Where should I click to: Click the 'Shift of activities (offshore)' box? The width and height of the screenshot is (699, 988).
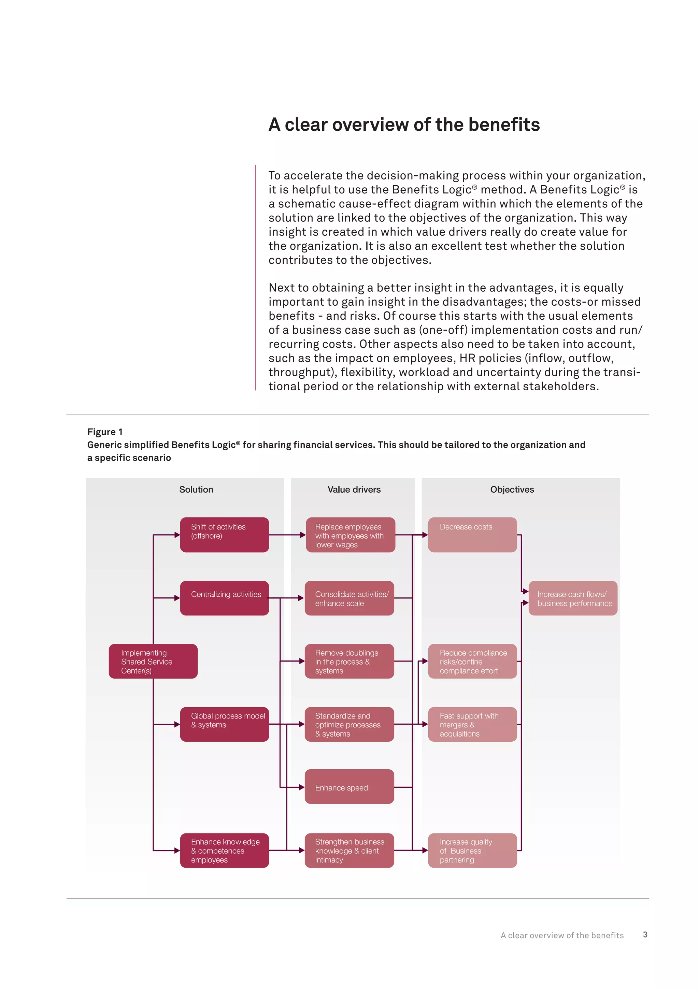(x=224, y=535)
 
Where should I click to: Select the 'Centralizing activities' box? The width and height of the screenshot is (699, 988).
(x=224, y=598)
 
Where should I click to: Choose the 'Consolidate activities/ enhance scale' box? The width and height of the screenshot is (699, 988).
(x=349, y=598)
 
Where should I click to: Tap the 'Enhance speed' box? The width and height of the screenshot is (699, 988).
(x=349, y=787)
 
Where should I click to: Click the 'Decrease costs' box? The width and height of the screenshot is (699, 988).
(x=472, y=535)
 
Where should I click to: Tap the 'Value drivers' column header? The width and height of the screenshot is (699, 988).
(x=354, y=489)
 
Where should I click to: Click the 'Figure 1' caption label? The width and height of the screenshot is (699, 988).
(x=104, y=432)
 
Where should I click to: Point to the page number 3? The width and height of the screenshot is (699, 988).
(x=645, y=934)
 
